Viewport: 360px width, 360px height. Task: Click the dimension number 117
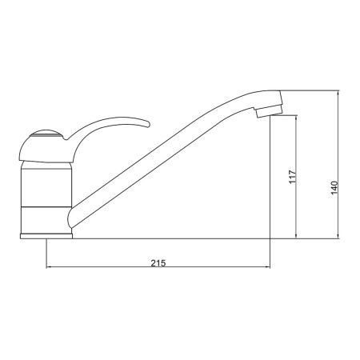click(293, 176)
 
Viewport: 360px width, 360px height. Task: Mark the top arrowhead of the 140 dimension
click(341, 92)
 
